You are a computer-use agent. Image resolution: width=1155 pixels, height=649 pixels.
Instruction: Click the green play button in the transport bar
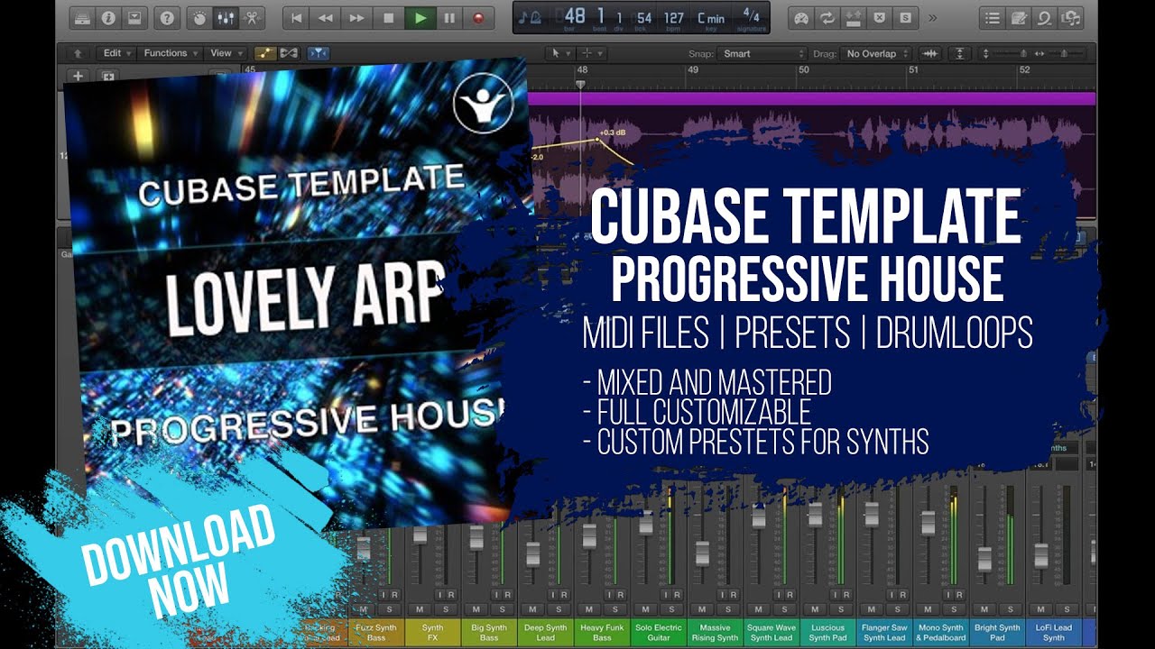pyautogui.click(x=419, y=17)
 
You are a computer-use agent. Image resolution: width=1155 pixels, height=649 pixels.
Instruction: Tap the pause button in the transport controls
pyautogui.click(x=448, y=17)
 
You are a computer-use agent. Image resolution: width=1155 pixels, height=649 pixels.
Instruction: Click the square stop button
pyautogui.click(x=389, y=17)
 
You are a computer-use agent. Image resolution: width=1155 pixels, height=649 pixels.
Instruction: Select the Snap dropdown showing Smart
pyautogui.click(x=763, y=54)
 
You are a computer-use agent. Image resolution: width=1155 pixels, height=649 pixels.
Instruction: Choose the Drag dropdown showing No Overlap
pyautogui.click(x=876, y=54)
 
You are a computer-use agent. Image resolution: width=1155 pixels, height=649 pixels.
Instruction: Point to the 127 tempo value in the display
pyautogui.click(x=673, y=18)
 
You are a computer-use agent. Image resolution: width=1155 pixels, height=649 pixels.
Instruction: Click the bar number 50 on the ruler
pyautogui.click(x=803, y=69)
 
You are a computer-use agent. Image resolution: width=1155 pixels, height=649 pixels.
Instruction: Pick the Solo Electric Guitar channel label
pyautogui.click(x=658, y=632)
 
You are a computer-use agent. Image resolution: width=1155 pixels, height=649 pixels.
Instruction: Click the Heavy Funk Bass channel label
pyautogui.click(x=602, y=632)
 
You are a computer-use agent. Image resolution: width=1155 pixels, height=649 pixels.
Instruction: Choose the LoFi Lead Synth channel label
pyautogui.click(x=1054, y=632)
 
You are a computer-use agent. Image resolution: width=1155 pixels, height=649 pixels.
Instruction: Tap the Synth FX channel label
pyautogui.click(x=432, y=632)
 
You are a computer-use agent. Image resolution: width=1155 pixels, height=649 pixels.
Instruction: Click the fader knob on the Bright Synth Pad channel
pyautogui.click(x=984, y=558)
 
